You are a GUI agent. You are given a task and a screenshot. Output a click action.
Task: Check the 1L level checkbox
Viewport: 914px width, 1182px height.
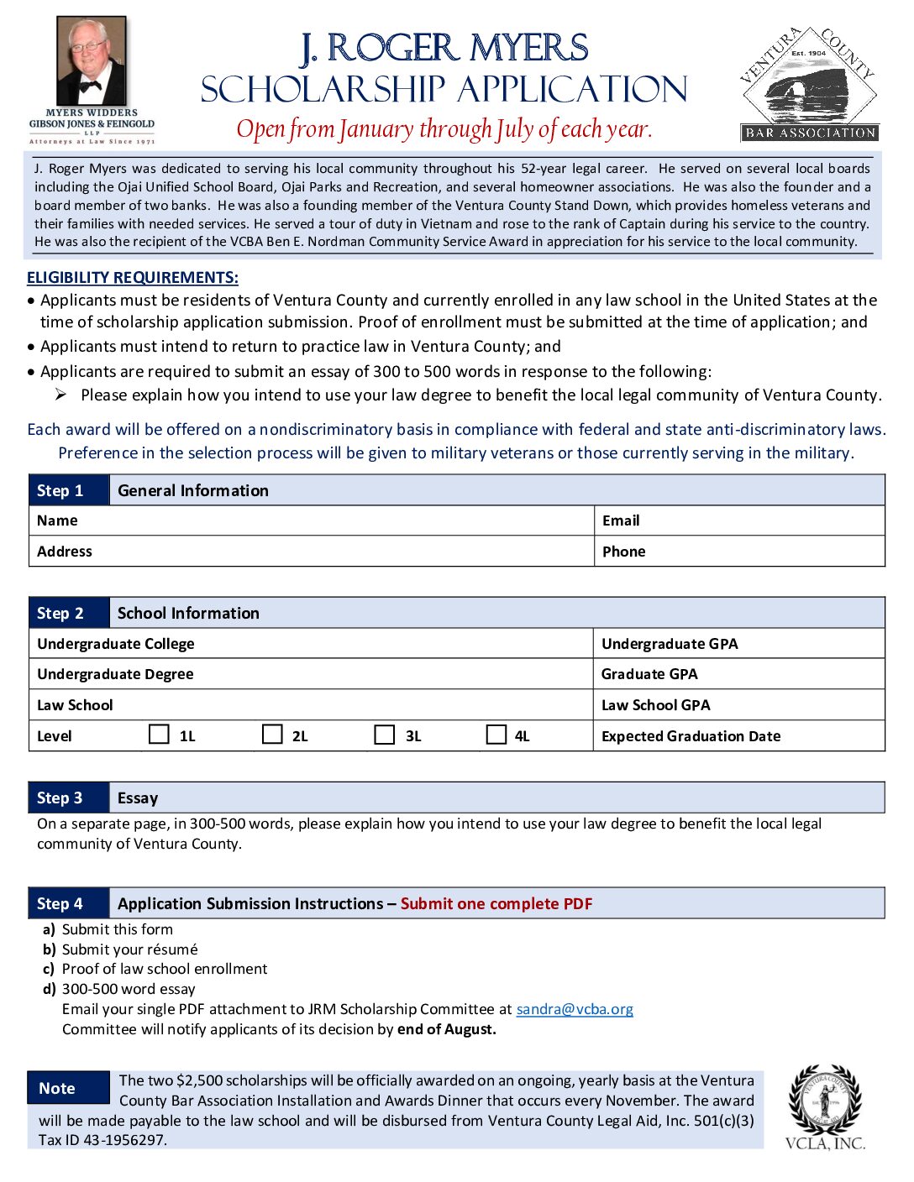[159, 735]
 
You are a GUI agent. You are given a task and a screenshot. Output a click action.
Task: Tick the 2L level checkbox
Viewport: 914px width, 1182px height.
[272, 735]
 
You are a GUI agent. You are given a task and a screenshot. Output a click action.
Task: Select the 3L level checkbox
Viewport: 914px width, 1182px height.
[385, 735]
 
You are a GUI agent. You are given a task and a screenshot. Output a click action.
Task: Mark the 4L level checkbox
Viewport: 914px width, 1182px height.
[497, 735]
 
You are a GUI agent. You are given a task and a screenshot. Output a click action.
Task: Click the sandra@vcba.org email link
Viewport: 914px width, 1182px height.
[575, 1009]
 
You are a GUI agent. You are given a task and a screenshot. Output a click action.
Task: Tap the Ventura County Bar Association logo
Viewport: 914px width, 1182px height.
[809, 84]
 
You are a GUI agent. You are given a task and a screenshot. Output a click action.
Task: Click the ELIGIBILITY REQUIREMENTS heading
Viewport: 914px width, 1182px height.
[133, 278]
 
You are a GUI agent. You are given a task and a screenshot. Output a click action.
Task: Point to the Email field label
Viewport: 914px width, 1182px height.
[621, 520]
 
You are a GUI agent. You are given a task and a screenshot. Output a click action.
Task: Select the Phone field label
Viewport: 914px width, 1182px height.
[624, 552]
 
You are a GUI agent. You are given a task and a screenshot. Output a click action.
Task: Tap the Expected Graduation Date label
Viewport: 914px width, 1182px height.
[691, 736]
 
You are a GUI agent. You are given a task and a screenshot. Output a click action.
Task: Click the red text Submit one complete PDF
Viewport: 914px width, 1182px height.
[496, 904]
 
